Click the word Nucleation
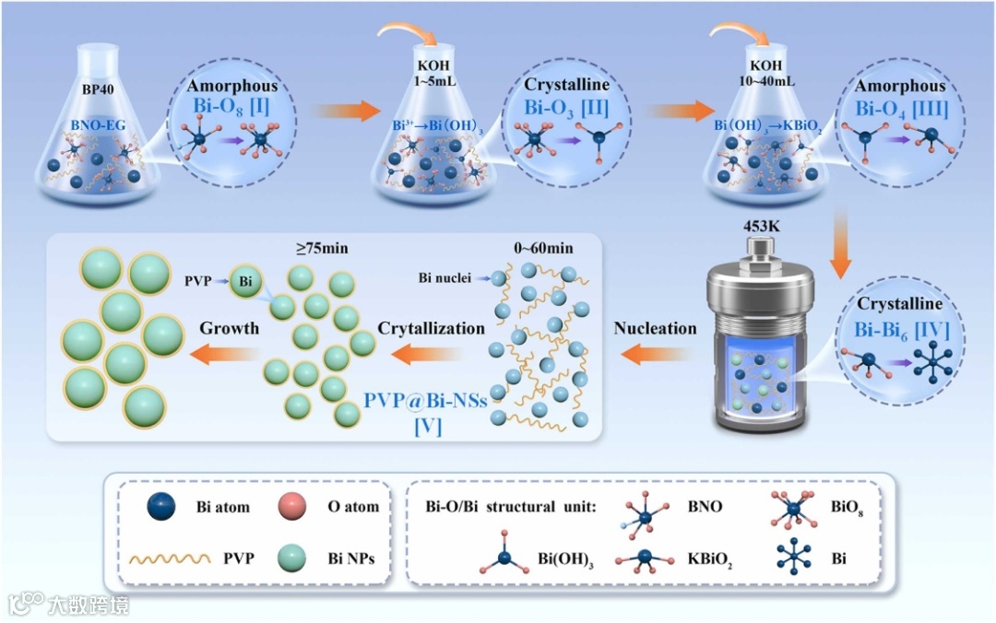[x=655, y=328]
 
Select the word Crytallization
[x=431, y=328]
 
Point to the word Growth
[x=230, y=328]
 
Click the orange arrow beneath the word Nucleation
[x=655, y=351]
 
